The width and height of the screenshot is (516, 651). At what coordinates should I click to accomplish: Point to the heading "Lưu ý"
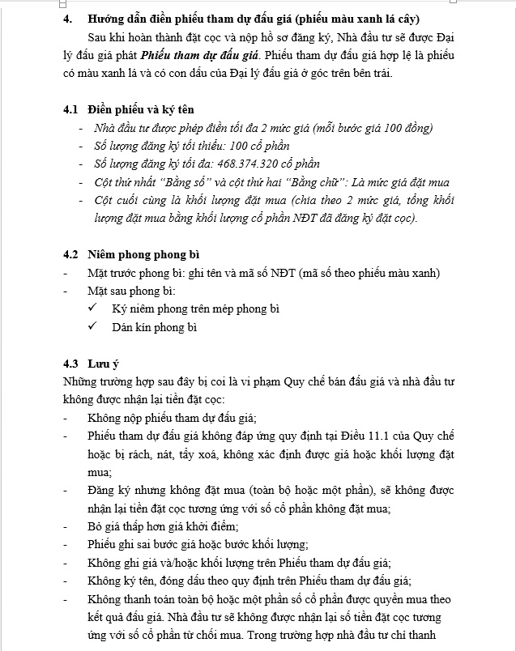104,363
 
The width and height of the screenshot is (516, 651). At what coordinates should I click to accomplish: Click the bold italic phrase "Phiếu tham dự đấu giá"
198,57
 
